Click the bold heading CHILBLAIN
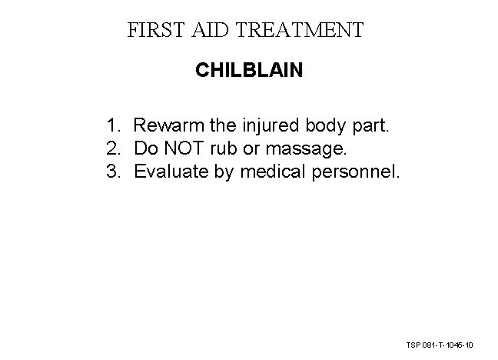coord(249,71)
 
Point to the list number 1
coord(113,124)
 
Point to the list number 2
coord(113,147)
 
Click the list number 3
coord(113,170)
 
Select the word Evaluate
coord(171,170)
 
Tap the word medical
coord(274,170)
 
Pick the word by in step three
coord(224,171)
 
